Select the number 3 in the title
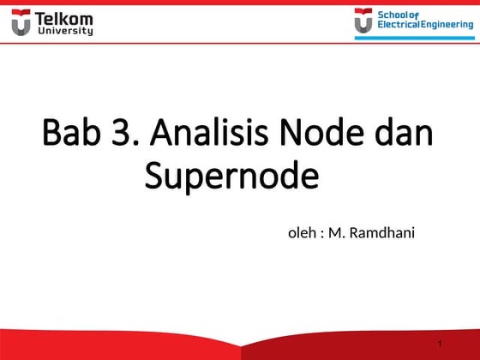pyautogui.click(x=128, y=135)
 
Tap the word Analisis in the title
pyautogui.click(x=214, y=135)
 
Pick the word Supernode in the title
pyautogui.click(x=231, y=177)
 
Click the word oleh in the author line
pyautogui.click(x=301, y=231)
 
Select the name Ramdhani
pyautogui.click(x=382, y=231)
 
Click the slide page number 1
pyautogui.click(x=439, y=345)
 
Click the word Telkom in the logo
pyautogui.click(x=64, y=18)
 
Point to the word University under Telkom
pyautogui.click(x=64, y=31)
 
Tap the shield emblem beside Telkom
pyautogui.click(x=21, y=23)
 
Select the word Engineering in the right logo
pyautogui.click(x=446, y=25)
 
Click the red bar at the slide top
pyautogui.click(x=240, y=3)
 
